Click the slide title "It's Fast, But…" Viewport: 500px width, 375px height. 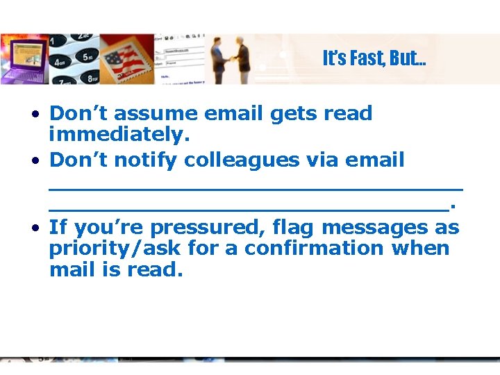pos(374,58)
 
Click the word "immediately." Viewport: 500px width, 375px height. pos(119,135)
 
